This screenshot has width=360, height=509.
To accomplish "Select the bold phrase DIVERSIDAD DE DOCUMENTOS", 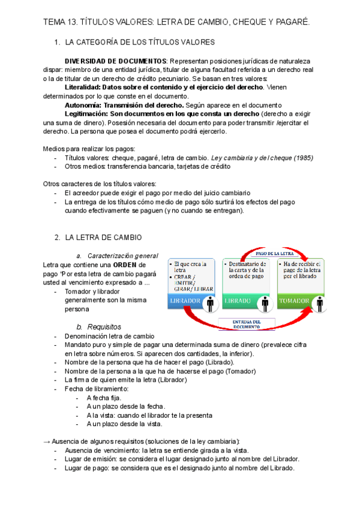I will click(x=116, y=61).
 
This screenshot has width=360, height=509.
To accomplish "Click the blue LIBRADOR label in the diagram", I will click(x=185, y=300).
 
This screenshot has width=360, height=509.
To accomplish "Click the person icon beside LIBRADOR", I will click(x=209, y=303).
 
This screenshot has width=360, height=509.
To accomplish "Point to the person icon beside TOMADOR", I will click(x=320, y=303).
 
